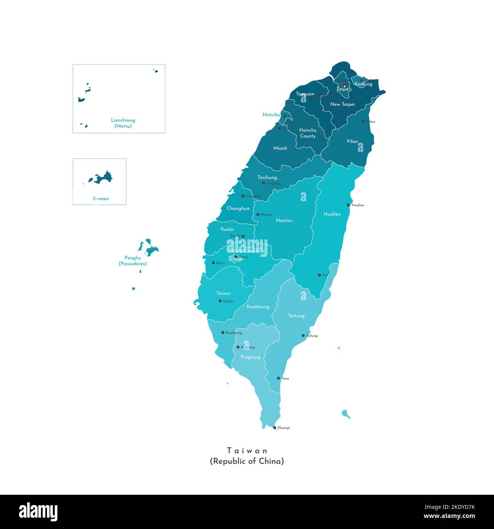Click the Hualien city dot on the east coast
click(x=348, y=205)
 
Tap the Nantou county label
click(x=284, y=220)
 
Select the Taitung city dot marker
click(x=303, y=336)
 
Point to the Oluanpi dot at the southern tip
click(x=275, y=428)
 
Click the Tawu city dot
click(x=279, y=378)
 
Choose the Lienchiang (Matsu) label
click(x=123, y=123)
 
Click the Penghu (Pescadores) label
click(x=133, y=261)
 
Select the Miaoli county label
click(x=280, y=148)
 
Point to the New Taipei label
click(x=342, y=104)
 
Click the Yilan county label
click(x=352, y=141)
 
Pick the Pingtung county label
click(x=251, y=357)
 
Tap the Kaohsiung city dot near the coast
click(x=223, y=333)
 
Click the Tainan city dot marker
click(x=220, y=301)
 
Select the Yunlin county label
click(x=227, y=229)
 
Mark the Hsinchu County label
click(x=308, y=133)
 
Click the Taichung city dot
click(x=264, y=183)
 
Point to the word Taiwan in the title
click(x=247, y=451)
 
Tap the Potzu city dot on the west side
click(x=213, y=263)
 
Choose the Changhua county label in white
click(x=238, y=208)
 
